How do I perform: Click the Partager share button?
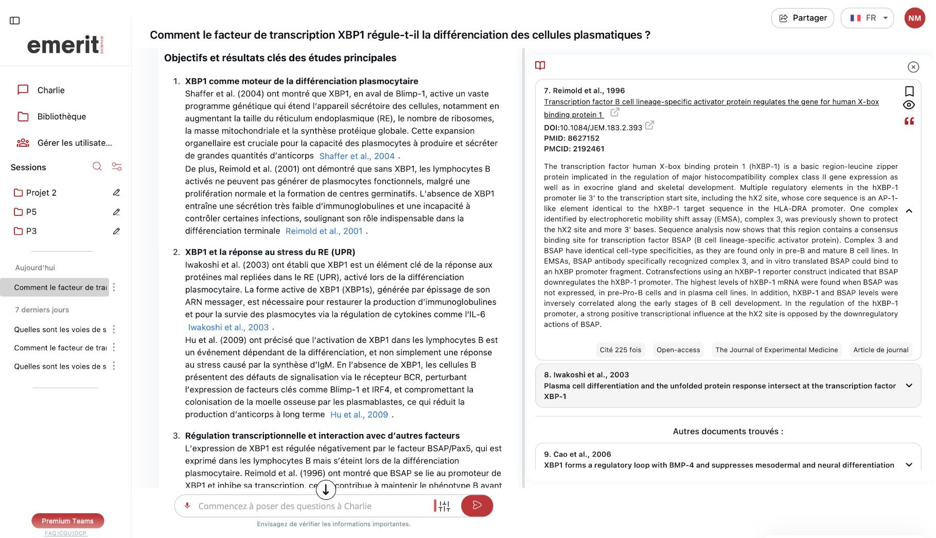coord(802,18)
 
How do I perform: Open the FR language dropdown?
coord(867,18)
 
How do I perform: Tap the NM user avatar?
coord(914,18)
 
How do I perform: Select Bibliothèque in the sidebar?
coord(61,116)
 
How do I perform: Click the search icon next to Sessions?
coord(97,166)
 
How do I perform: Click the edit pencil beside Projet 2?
coord(116,193)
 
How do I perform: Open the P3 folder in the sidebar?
coord(31,231)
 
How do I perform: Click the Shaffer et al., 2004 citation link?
coord(357,156)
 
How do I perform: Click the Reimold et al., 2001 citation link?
coord(324,231)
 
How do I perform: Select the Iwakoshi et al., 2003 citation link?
coord(228,327)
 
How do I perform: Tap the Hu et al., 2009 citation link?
coord(359,414)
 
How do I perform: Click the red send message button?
coord(476,506)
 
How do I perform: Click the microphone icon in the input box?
coord(187,506)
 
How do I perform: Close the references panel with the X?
coord(913,67)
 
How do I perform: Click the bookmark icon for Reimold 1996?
coord(909,91)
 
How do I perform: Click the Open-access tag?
coord(678,350)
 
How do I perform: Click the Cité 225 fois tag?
coord(620,350)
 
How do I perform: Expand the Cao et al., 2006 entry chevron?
coord(909,464)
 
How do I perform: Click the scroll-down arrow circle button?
coord(326,490)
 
